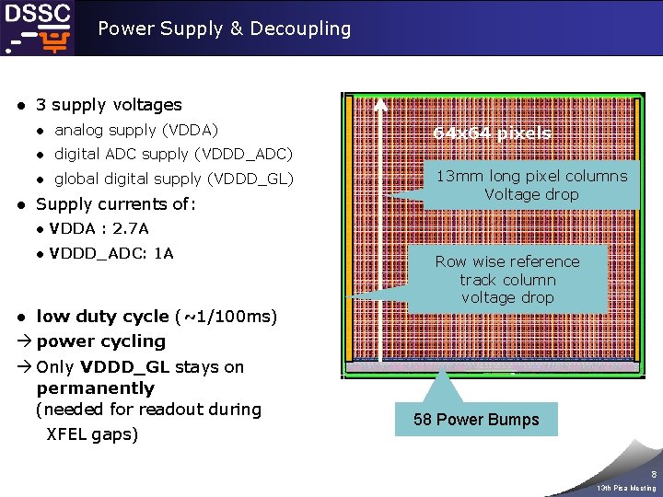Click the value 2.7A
131,228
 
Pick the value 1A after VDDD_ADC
164,253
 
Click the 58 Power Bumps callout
476,420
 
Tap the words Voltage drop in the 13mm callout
531,194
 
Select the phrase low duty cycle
102,317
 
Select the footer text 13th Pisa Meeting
626,488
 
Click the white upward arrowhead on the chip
379,101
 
